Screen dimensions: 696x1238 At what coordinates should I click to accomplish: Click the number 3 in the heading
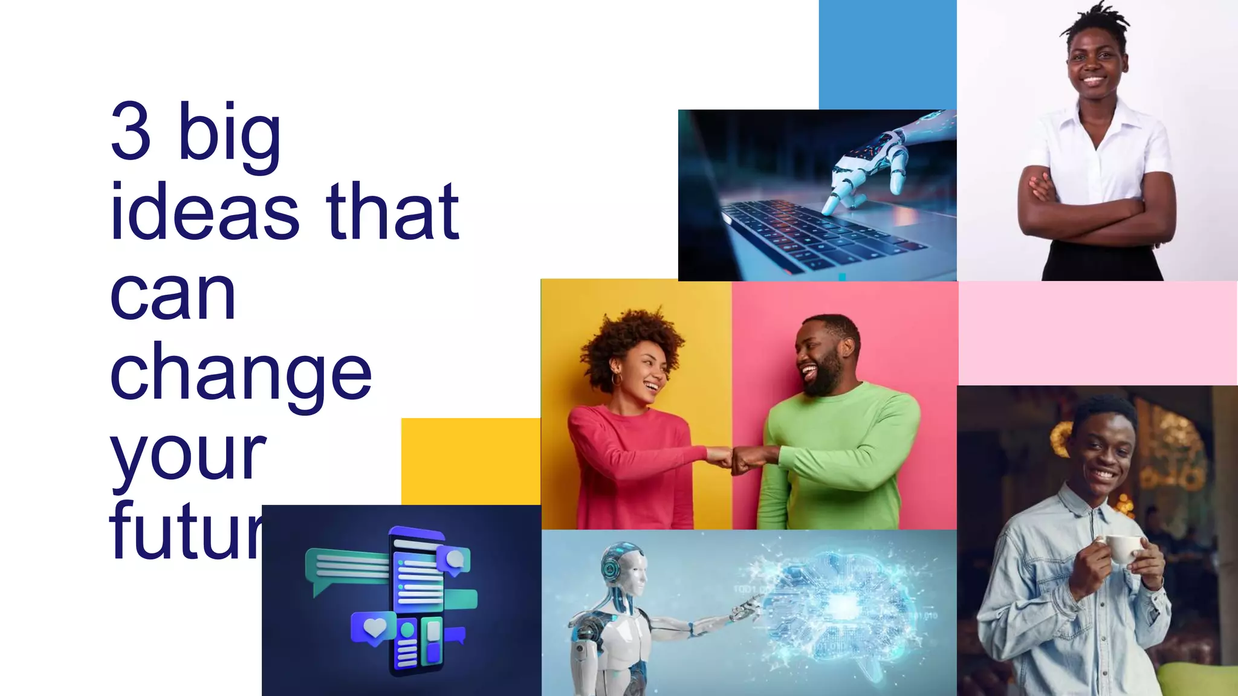[131, 131]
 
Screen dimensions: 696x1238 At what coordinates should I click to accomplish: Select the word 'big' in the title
[230, 135]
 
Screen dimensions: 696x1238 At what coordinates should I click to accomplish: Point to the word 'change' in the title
[241, 373]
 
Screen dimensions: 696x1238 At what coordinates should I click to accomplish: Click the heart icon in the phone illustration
[374, 627]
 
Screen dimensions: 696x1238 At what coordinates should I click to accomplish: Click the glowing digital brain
[840, 604]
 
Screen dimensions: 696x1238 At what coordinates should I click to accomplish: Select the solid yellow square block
[470, 461]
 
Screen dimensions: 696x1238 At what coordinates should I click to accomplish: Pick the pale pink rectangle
[1097, 332]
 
